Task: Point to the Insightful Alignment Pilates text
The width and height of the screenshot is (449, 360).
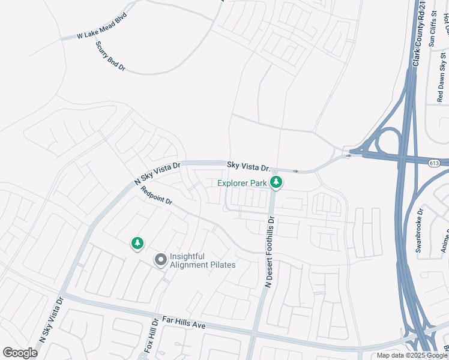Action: [x=202, y=260]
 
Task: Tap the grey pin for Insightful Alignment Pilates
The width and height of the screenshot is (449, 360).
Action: [x=160, y=260]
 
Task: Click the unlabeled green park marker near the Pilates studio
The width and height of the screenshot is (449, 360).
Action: [x=138, y=243]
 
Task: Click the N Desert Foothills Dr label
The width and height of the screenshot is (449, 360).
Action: [x=270, y=252]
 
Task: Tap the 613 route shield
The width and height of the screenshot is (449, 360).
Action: [x=433, y=163]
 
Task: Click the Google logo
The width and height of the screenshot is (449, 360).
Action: [x=20, y=352]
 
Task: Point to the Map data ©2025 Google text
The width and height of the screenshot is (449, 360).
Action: [x=412, y=355]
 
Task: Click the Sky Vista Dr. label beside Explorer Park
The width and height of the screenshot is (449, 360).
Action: [x=249, y=166]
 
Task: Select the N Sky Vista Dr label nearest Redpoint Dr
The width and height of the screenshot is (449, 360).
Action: [x=157, y=173]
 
